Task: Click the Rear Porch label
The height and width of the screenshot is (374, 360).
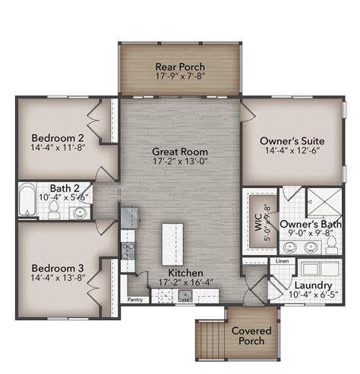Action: pos(180,65)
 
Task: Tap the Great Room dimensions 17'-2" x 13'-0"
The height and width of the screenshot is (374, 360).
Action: pos(180,162)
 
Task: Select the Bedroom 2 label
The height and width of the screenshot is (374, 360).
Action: pos(57,138)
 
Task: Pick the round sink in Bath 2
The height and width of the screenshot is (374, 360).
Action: pos(79,214)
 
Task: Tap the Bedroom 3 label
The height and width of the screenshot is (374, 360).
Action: pos(57,268)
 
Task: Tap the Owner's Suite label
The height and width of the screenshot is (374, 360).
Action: pos(292,141)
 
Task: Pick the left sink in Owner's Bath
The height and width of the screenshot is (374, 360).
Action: pos(289,247)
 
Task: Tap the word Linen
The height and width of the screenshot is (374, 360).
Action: pos(281,261)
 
